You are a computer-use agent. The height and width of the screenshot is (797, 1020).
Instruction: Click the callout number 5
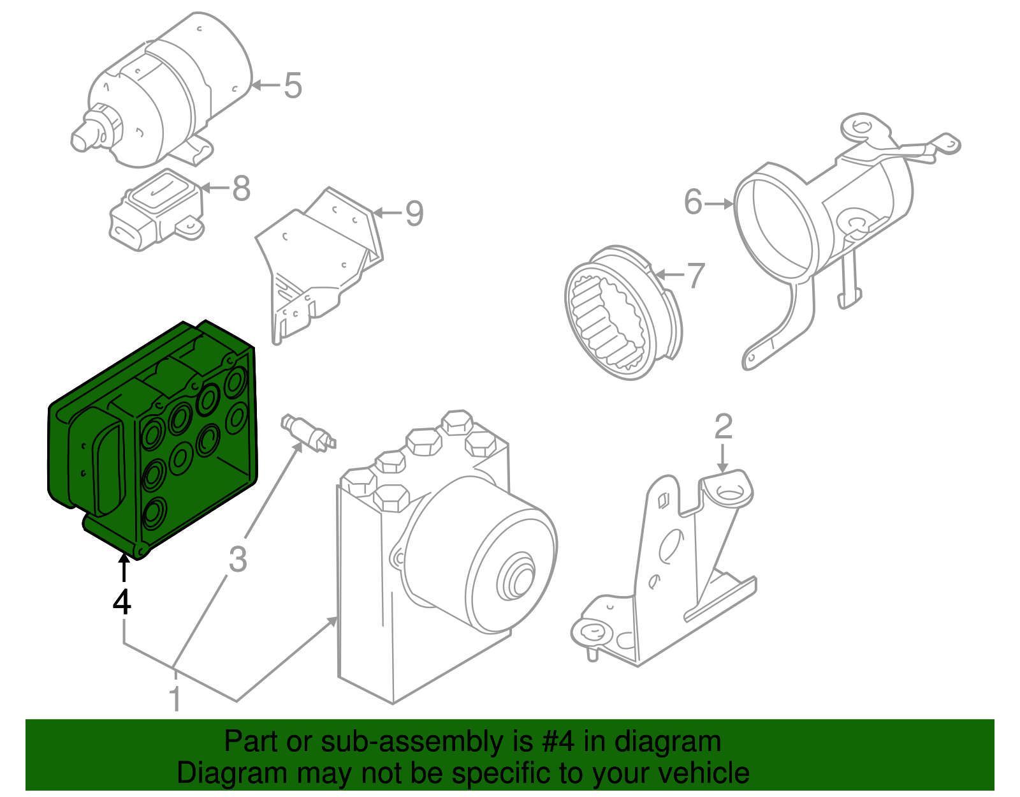coord(293,86)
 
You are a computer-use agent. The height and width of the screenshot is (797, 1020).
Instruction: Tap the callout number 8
coord(241,188)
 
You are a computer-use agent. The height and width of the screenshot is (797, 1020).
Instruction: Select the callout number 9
coord(414,213)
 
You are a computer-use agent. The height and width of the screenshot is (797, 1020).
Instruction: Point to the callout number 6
coord(693,202)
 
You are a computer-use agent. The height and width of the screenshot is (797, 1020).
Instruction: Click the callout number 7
coord(695,276)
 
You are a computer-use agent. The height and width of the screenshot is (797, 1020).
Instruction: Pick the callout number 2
coord(723,426)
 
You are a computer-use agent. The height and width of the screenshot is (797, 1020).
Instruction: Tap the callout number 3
coord(237,559)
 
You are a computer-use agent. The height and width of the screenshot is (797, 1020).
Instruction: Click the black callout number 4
coord(122,602)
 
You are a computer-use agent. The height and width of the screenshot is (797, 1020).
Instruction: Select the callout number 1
coord(174,699)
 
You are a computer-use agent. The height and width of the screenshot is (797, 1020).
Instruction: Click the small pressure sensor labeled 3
coord(307,432)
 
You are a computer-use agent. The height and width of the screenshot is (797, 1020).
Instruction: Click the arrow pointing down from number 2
coord(723,458)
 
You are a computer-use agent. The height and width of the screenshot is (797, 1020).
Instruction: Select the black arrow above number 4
coord(123,568)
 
